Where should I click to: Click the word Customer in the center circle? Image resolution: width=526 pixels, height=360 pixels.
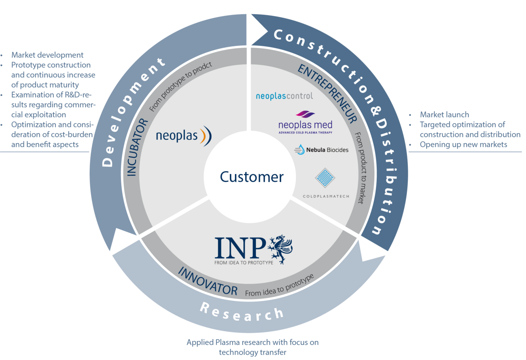[x=252, y=177]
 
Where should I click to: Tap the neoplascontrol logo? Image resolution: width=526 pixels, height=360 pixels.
[x=284, y=96]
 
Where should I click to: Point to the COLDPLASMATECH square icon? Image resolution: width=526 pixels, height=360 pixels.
[x=326, y=178]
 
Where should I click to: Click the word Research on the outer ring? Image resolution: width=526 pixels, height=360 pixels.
[x=242, y=312]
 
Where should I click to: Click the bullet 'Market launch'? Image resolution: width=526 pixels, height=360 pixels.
[x=444, y=115]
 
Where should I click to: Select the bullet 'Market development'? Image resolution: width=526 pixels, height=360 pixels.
[x=47, y=55]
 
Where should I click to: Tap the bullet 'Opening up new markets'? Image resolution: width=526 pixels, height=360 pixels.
[x=463, y=144]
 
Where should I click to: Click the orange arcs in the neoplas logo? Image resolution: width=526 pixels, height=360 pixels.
[x=206, y=136]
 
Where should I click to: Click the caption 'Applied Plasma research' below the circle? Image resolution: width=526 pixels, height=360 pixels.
[x=252, y=343]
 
